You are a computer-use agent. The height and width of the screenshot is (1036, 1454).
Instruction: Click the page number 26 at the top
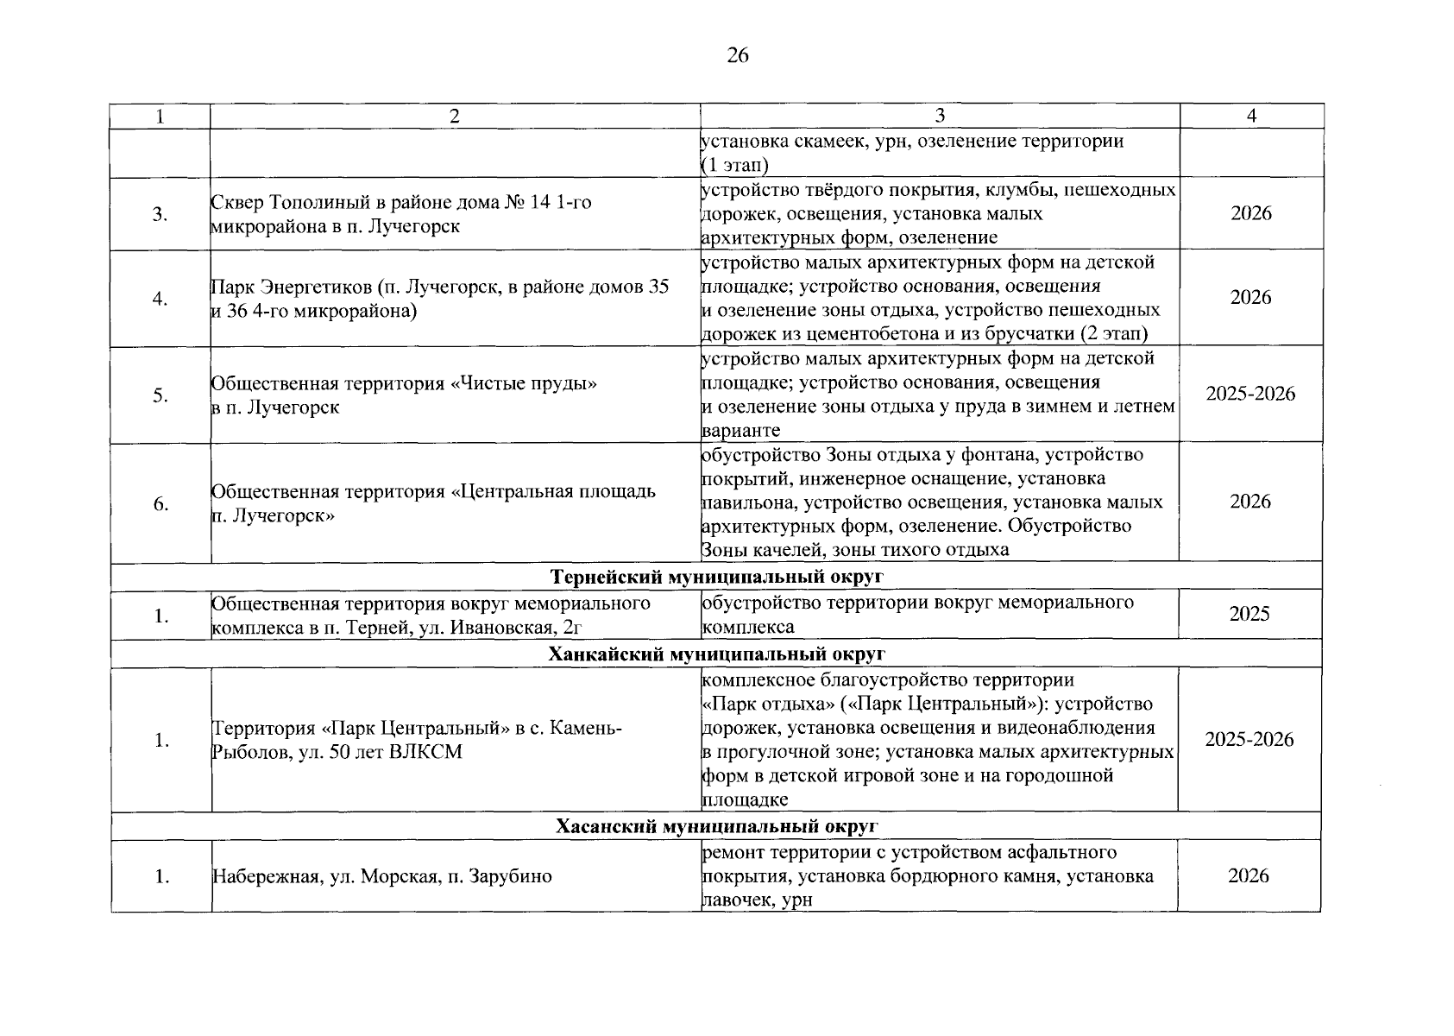(x=738, y=57)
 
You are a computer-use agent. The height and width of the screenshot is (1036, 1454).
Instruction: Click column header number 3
(x=940, y=117)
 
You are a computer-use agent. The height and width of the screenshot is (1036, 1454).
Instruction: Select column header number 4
(x=1251, y=117)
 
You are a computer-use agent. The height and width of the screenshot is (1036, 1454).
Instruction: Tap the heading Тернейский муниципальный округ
(x=716, y=576)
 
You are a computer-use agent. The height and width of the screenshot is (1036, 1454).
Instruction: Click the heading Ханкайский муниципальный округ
(x=716, y=654)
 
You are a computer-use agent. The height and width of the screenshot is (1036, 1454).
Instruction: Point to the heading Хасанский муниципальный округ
(x=716, y=826)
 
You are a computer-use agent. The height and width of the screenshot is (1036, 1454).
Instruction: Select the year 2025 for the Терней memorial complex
(x=1249, y=614)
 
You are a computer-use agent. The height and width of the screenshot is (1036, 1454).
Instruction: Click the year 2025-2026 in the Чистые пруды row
(x=1250, y=394)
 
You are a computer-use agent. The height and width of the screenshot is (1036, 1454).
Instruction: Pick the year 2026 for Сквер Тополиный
(x=1250, y=213)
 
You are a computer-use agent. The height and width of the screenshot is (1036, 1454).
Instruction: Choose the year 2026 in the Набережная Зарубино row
(x=1249, y=875)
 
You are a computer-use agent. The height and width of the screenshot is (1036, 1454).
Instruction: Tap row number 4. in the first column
(x=161, y=299)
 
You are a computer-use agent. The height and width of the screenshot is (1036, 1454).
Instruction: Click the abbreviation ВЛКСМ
(x=425, y=752)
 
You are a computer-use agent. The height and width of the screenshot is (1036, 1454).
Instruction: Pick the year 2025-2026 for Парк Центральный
(x=1249, y=739)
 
